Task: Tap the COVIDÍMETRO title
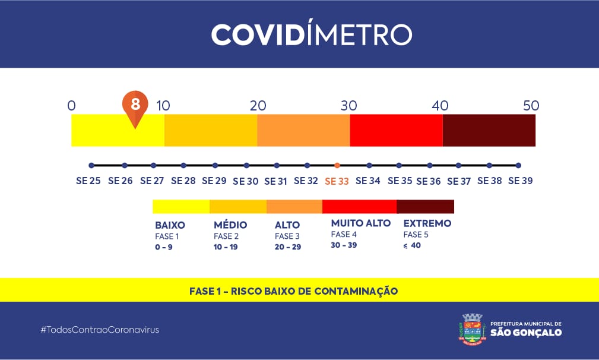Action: [x=311, y=34]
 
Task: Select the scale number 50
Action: [x=531, y=106]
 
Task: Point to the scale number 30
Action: [x=349, y=106]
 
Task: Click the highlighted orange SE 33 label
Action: [x=337, y=181]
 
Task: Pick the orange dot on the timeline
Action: [x=337, y=165]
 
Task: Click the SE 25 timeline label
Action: [x=88, y=181]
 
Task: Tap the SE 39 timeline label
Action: [x=520, y=181]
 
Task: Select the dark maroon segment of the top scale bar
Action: [x=489, y=130]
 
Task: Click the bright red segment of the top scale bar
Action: [x=396, y=130]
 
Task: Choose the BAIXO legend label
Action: [x=170, y=225]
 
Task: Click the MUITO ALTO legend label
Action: [x=361, y=223]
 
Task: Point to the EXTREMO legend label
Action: [x=427, y=223]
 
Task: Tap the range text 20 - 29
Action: [x=288, y=247]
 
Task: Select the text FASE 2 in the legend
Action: [x=226, y=236]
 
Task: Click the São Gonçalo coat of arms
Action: [x=473, y=329]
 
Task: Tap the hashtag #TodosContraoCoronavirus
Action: [x=100, y=329]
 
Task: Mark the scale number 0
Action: [x=72, y=106]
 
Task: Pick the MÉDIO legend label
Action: [x=230, y=225]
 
